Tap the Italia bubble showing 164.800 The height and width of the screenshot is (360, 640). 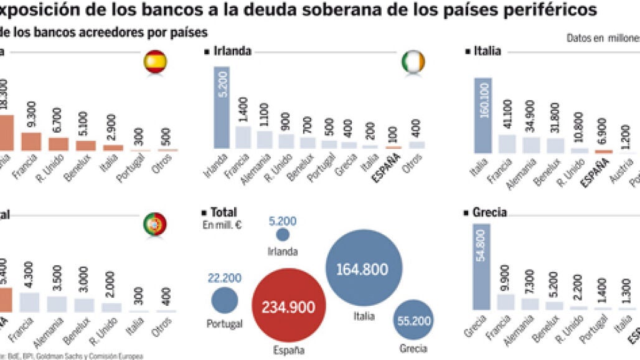click(x=363, y=268)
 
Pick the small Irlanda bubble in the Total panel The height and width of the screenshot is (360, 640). click(x=283, y=234)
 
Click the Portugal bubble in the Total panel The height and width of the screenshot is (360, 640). click(x=225, y=300)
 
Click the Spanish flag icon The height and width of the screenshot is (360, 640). click(x=155, y=62)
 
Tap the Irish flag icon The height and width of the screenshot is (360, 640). click(x=413, y=62)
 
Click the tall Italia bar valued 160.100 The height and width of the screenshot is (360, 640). click(x=483, y=115)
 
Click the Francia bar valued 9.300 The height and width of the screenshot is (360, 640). click(x=31, y=141)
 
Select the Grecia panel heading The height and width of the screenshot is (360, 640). click(x=489, y=212)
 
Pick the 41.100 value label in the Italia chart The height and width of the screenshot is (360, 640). click(x=508, y=114)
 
